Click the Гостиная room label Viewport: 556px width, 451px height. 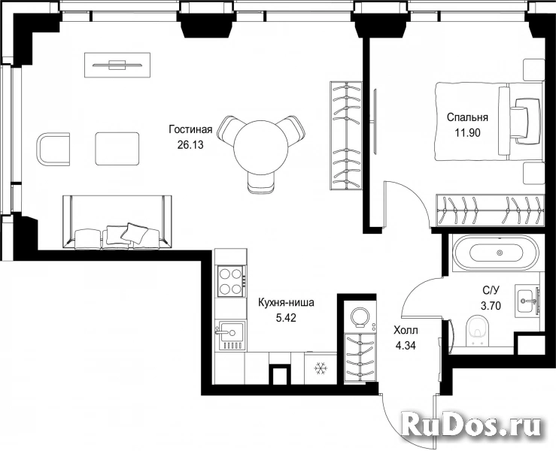(x=190, y=130)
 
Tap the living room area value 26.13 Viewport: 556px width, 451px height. (x=190, y=145)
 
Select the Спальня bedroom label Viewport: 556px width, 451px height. (x=467, y=117)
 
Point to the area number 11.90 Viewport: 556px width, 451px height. (x=467, y=133)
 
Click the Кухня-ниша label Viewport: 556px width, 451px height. (x=286, y=303)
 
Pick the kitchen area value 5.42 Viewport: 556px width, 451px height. (x=286, y=318)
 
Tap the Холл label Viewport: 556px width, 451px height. (x=406, y=330)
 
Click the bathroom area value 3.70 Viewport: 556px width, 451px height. (x=491, y=305)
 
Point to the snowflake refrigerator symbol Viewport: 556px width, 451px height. (x=321, y=369)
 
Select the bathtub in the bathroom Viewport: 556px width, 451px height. (x=496, y=253)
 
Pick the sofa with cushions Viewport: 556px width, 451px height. (x=117, y=222)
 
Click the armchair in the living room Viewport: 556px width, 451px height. (x=53, y=149)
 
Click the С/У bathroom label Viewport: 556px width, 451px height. (x=491, y=290)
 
